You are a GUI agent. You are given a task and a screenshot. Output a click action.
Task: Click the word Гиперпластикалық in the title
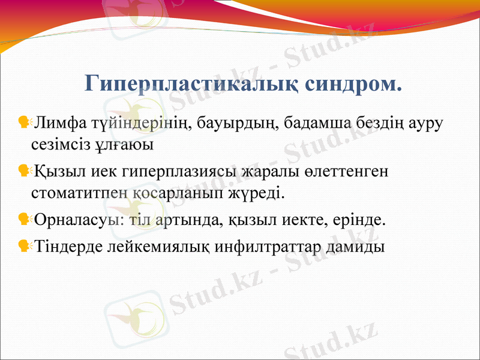click(x=184, y=84)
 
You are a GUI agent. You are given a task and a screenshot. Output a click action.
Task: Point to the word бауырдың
click(x=239, y=124)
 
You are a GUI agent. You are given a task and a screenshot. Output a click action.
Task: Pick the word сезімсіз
click(x=60, y=145)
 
